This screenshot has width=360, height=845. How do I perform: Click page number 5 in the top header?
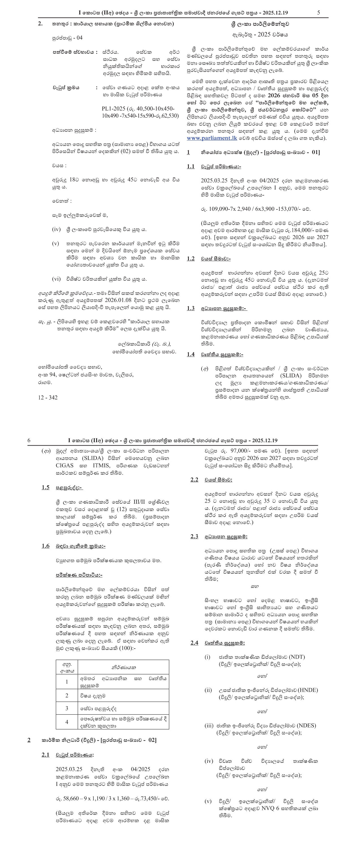pyautogui.click(x=319, y=13)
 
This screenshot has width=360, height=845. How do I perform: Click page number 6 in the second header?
pyautogui.click(x=29, y=440)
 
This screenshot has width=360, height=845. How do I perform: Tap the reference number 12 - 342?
pyautogui.click(x=48, y=397)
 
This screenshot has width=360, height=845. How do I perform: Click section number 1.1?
pyautogui.click(x=190, y=167)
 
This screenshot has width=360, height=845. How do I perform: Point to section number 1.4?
pyautogui.click(x=190, y=354)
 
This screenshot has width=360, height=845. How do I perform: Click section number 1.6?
pyautogui.click(x=46, y=546)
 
